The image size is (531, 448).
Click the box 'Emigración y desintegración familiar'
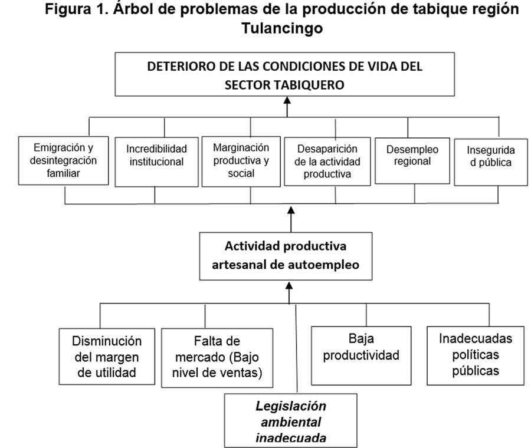click(63, 160)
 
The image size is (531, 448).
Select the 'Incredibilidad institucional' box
click(156, 162)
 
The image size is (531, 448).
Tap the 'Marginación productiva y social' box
click(241, 162)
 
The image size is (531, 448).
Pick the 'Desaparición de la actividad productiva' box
click(327, 162)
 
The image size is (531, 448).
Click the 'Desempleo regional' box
click(412, 161)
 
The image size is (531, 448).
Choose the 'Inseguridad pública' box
click(491, 162)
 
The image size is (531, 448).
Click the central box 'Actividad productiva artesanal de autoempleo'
click(286, 256)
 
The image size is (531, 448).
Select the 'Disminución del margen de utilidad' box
click(107, 356)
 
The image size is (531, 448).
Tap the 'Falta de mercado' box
click(217, 358)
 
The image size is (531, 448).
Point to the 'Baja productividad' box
click(361, 355)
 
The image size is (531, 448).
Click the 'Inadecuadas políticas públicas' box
click(476, 355)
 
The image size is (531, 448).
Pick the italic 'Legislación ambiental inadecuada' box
click(290, 421)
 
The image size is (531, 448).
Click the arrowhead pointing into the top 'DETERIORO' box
click(287, 100)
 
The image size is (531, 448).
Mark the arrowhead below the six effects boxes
click(291, 210)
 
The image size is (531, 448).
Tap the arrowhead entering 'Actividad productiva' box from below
click(289, 285)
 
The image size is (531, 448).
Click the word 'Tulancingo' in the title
click(282, 28)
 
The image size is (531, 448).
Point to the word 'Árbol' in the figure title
click(133, 9)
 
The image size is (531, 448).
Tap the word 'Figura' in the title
click(68, 9)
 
